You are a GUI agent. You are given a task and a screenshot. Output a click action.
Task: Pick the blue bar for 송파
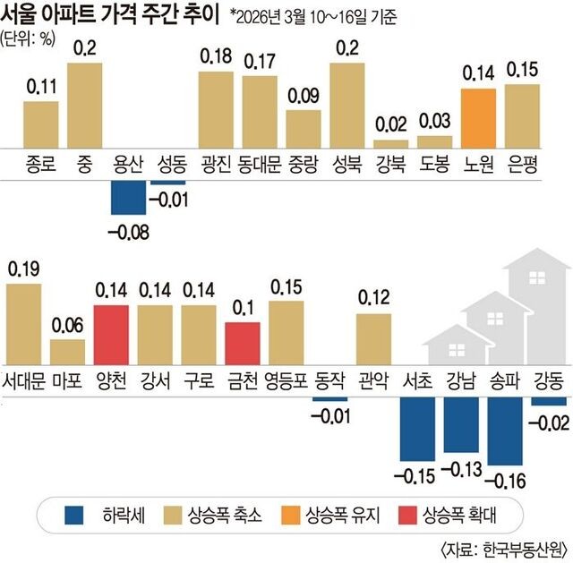click(x=505, y=430)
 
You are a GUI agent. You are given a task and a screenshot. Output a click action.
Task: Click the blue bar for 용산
click(x=128, y=196)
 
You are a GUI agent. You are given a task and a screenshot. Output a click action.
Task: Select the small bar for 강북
click(x=391, y=142)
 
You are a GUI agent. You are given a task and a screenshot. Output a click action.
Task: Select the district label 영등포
click(x=286, y=380)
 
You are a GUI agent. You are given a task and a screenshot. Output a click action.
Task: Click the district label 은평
click(x=522, y=164)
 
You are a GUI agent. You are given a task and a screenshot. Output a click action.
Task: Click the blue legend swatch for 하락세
click(x=75, y=515)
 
